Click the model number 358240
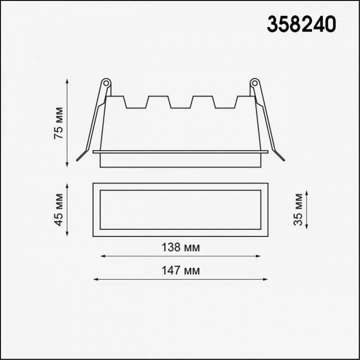pos(301,24)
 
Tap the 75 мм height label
pos(58,123)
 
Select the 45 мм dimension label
pos(58,210)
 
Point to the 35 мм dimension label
pos(298,209)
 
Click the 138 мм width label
pos(180,247)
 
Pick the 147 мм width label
pos(180,270)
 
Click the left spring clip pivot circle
pos(106,83)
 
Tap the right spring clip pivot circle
pos(254,83)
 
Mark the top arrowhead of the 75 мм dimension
pos(67,81)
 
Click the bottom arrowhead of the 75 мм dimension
pos(67,164)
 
